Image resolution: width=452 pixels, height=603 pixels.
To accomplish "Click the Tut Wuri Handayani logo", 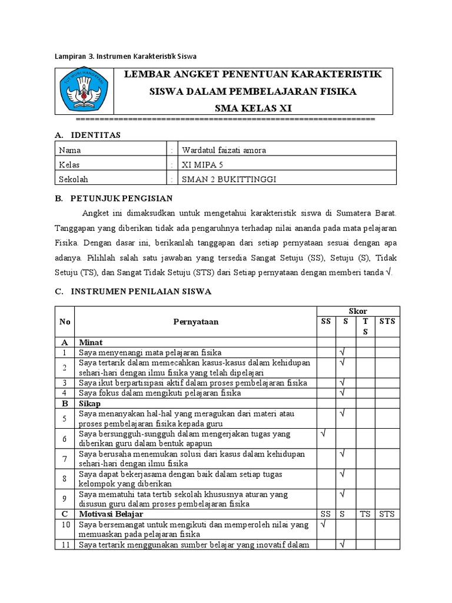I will [83, 91].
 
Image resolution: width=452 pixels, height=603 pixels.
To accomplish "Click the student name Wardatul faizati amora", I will [224, 150].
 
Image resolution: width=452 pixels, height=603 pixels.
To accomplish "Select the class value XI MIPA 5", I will [203, 165].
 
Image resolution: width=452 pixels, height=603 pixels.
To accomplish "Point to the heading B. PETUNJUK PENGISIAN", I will [113, 198].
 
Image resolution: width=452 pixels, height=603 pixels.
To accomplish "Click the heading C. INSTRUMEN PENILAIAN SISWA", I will [132, 291].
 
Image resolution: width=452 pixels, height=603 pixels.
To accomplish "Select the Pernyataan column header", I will [195, 322].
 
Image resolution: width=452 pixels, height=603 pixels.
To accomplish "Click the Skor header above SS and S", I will [358, 311].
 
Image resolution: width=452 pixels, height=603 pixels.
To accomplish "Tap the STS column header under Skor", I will [387, 321].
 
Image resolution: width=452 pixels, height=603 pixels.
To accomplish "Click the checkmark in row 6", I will [323, 433].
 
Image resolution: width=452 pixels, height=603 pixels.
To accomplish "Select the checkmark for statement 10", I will [323, 523].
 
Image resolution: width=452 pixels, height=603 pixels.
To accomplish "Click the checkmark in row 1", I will [342, 352].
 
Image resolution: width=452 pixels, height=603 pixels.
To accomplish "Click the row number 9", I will [64, 499].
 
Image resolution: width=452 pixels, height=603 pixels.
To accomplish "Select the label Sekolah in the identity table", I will [74, 180].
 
